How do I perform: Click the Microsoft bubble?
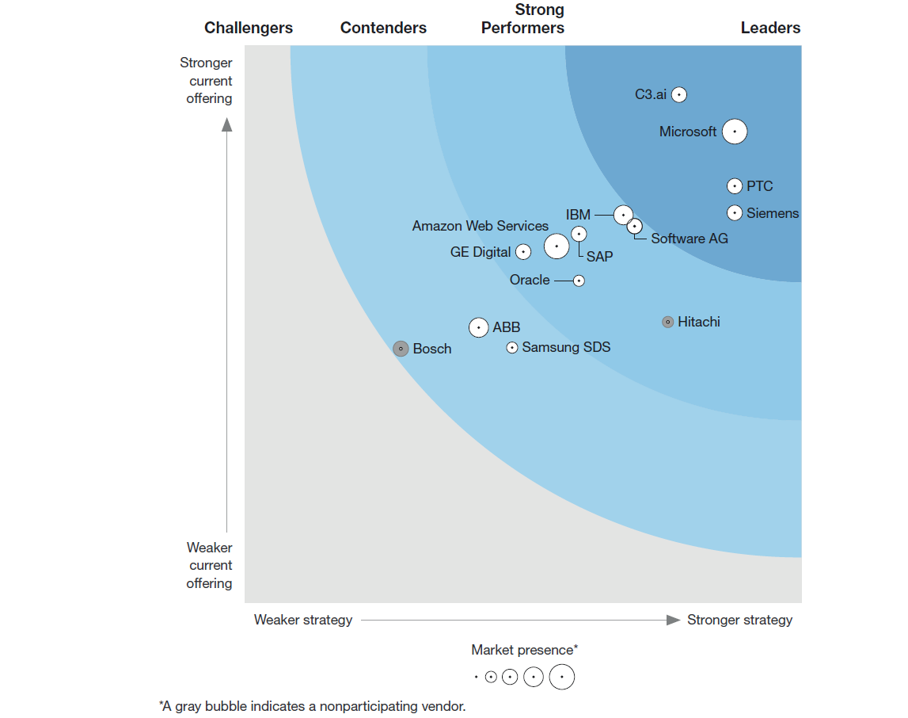[735, 132]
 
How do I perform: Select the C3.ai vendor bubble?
[679, 94]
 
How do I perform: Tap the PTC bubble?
[735, 186]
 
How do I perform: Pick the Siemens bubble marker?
[735, 212]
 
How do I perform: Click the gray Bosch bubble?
[401, 349]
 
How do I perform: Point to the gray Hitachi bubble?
[668, 322]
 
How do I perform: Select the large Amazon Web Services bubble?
[557, 246]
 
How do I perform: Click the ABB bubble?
[479, 327]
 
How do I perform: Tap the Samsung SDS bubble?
[512, 347]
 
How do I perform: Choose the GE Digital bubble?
[523, 252]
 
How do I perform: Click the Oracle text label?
[530, 280]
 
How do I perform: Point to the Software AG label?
[690, 239]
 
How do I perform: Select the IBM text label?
[578, 215]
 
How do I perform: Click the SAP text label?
[599, 257]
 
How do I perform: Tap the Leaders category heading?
[770, 28]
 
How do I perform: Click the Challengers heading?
[249, 28]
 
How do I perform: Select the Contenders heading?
[383, 28]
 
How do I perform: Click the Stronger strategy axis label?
[739, 620]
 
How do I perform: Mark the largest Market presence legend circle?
[562, 677]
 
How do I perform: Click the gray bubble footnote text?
[312, 706]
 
